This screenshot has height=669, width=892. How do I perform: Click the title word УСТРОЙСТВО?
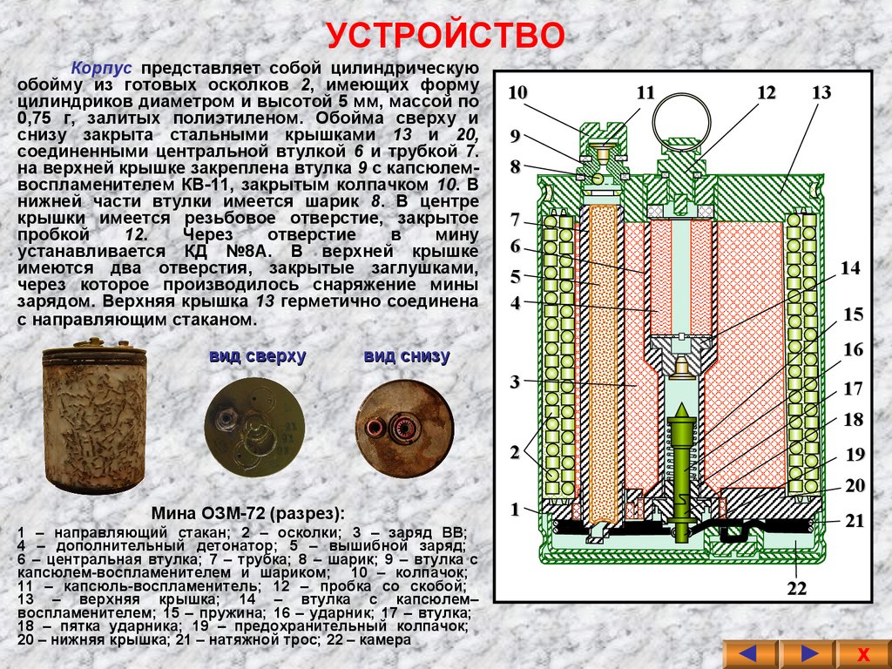[x=446, y=37]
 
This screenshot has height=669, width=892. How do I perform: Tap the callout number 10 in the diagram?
[x=517, y=92]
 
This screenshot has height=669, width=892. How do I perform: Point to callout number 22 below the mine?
[x=797, y=589]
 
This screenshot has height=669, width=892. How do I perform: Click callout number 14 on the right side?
[x=850, y=268]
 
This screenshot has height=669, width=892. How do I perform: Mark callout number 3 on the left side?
[x=515, y=382]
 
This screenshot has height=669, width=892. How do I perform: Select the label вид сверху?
[x=257, y=356]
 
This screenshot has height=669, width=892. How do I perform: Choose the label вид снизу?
[x=406, y=356]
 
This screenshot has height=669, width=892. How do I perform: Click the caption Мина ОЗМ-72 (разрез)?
[x=247, y=512]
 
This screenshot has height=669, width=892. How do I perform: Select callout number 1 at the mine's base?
[x=515, y=509]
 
